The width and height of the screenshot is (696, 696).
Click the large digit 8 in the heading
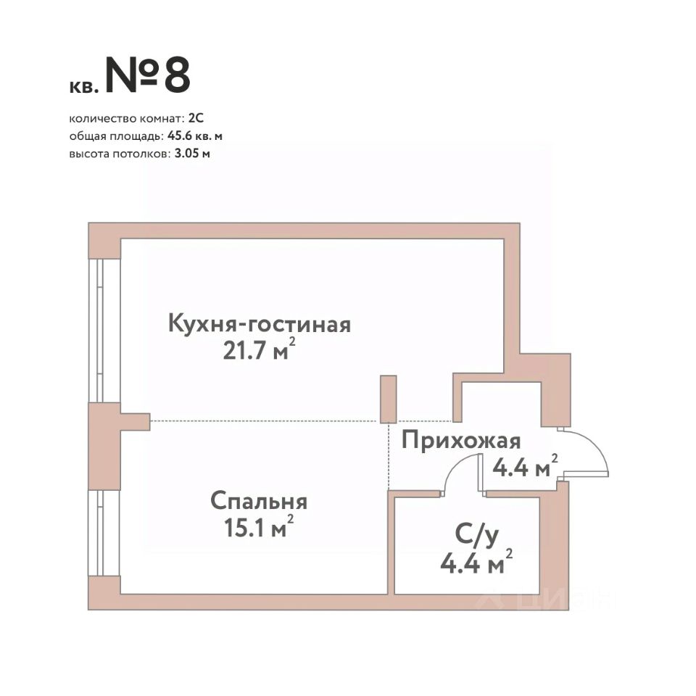177,76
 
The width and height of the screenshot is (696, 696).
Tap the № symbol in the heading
131,76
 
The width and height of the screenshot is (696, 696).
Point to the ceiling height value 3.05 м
192,153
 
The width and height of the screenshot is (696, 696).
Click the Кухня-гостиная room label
259,324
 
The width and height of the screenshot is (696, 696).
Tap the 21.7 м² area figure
260,350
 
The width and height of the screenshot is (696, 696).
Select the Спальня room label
259,501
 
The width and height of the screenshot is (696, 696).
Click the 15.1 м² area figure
259,528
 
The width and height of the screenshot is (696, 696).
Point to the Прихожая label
461,441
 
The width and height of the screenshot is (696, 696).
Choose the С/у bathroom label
476,536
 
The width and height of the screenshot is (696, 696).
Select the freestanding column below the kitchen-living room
389,399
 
